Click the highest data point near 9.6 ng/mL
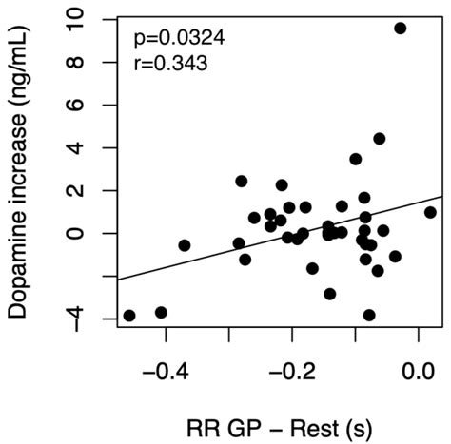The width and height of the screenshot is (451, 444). click(x=401, y=29)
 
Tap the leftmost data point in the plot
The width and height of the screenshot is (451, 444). click(x=129, y=316)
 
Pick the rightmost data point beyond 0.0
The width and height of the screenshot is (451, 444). click(x=430, y=213)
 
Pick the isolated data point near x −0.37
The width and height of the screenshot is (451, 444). click(x=185, y=245)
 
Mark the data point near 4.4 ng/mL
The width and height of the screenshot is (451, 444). click(x=379, y=139)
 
